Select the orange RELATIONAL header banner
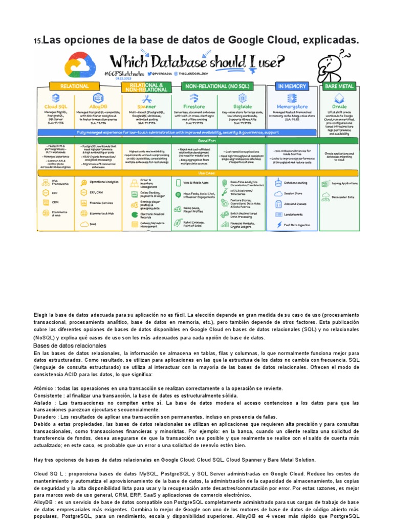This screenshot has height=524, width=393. (75, 86)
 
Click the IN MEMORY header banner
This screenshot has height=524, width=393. (292, 86)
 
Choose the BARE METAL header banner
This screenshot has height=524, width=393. (339, 86)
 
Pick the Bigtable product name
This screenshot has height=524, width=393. (242, 107)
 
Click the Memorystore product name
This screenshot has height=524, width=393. (292, 107)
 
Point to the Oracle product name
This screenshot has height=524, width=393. (339, 107)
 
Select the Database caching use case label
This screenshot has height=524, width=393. (296, 182)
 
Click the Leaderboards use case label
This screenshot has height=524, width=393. (293, 214)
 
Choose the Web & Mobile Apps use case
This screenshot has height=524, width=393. (196, 182)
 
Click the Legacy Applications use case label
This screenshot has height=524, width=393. (344, 183)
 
